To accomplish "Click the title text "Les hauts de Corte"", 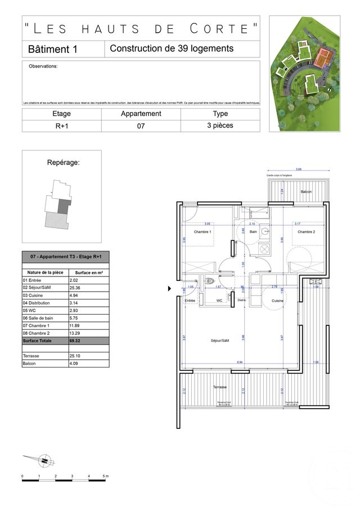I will click(141, 28).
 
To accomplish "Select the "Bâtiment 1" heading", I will click(52, 50).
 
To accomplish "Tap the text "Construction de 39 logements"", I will click(172, 49).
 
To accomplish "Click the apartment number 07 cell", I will click(141, 126).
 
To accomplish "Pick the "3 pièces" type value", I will click(220, 126).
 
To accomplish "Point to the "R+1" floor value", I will click(62, 126).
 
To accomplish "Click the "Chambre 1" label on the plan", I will click(202, 232).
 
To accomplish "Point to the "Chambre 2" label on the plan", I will click(306, 232).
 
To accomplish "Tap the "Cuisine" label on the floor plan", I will click(277, 301).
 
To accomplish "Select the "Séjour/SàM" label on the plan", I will click(220, 341).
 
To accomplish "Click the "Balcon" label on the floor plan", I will click(306, 192).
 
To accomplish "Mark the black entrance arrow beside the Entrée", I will click(170, 289).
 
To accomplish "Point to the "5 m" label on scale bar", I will click(105, 477).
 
